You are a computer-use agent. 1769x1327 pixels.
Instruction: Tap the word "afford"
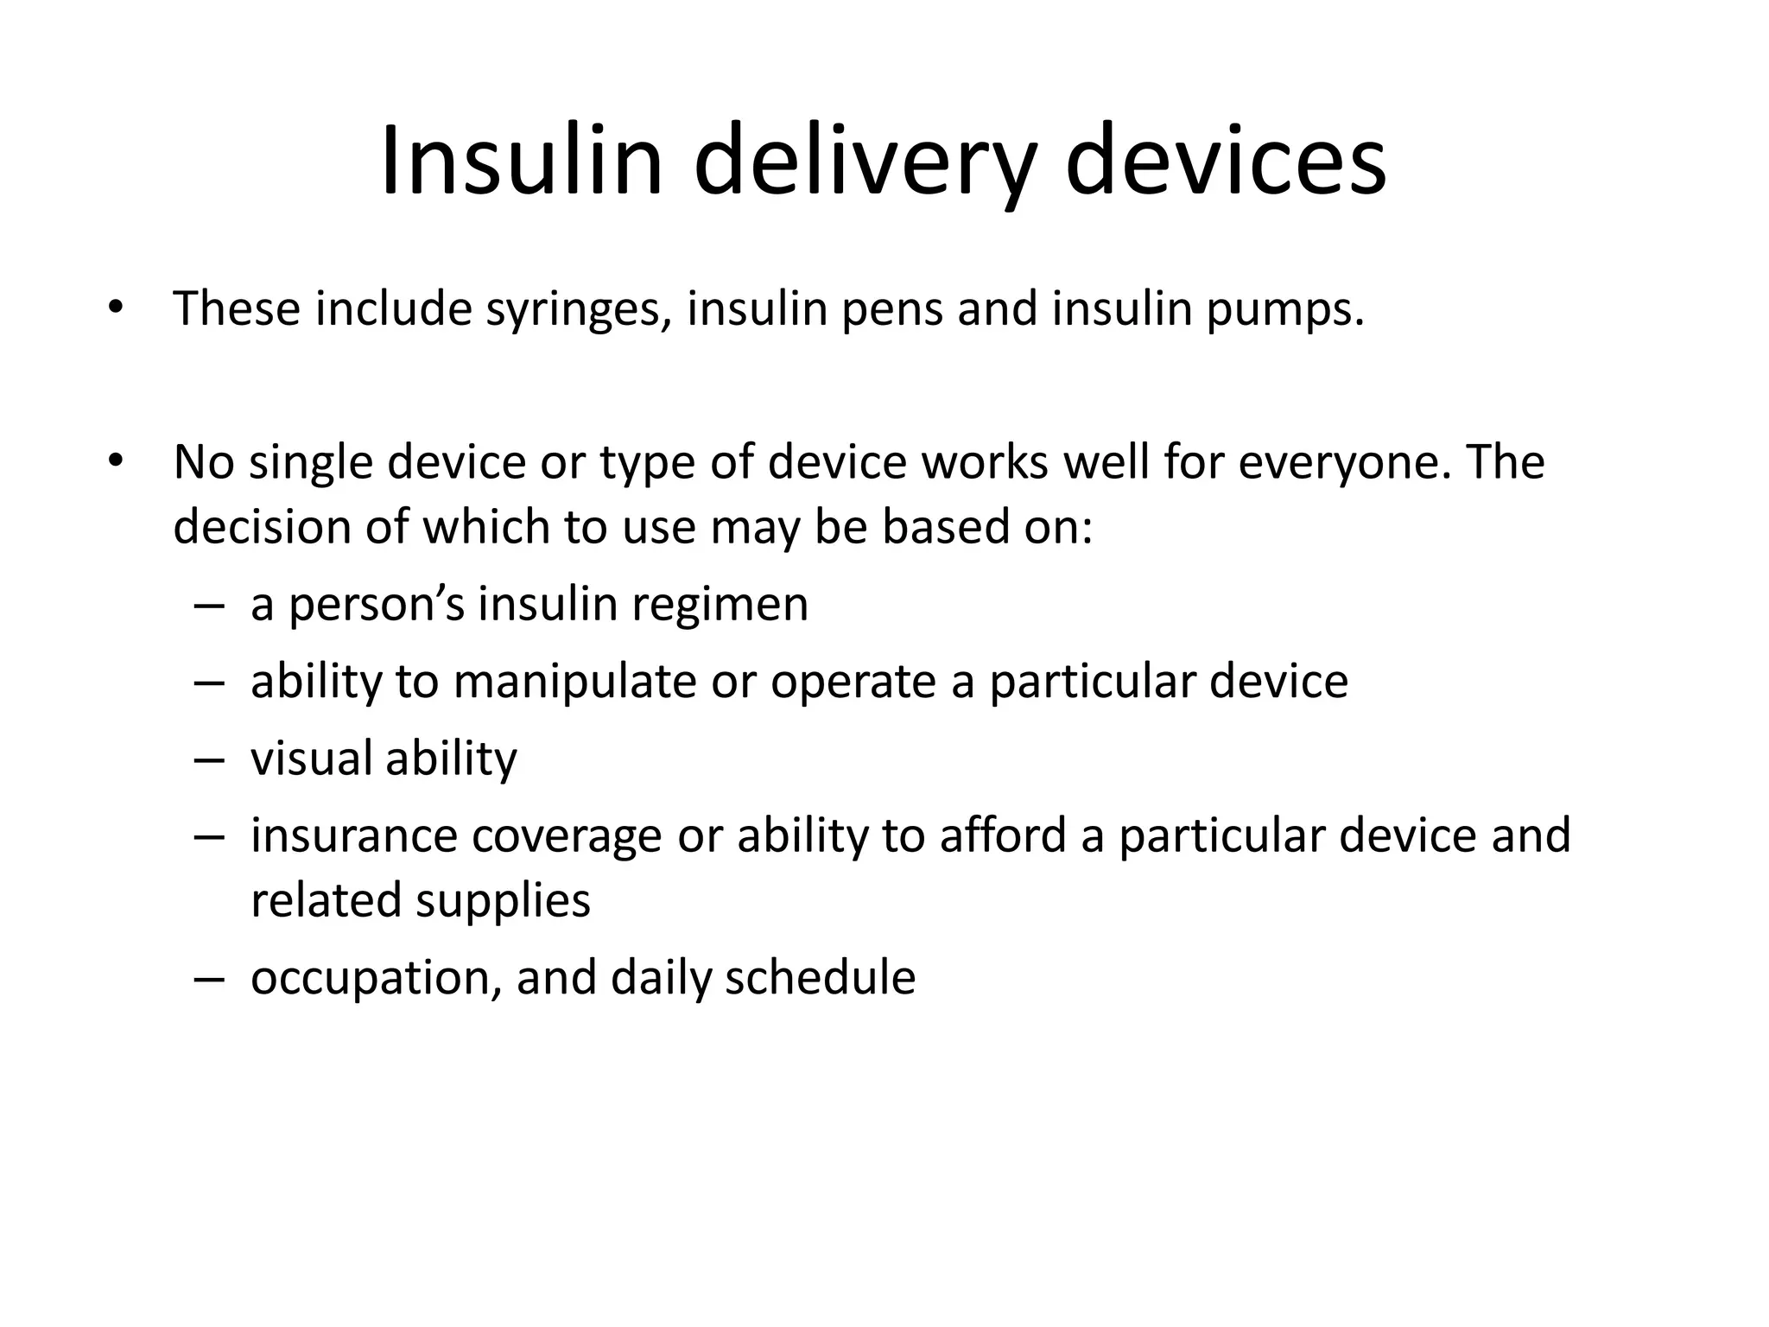(1003, 836)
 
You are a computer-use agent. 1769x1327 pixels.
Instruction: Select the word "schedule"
(820, 978)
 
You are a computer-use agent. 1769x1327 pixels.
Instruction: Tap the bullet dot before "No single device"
(116, 461)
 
